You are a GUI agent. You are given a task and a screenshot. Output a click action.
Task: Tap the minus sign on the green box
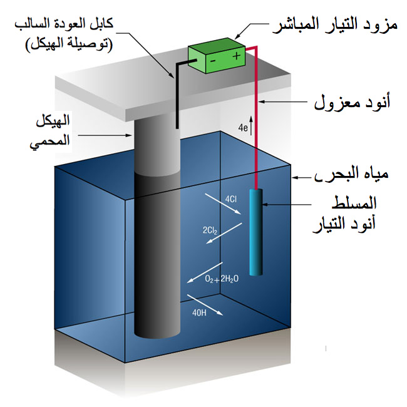click(x=212, y=61)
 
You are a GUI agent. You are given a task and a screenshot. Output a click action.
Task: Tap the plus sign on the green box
click(x=237, y=56)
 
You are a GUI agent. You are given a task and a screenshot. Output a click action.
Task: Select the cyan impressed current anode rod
click(x=255, y=232)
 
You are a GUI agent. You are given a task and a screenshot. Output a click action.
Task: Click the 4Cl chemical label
click(x=230, y=200)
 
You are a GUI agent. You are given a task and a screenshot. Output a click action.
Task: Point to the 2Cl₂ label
click(x=210, y=230)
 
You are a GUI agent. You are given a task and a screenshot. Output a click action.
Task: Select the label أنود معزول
click(x=351, y=101)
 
